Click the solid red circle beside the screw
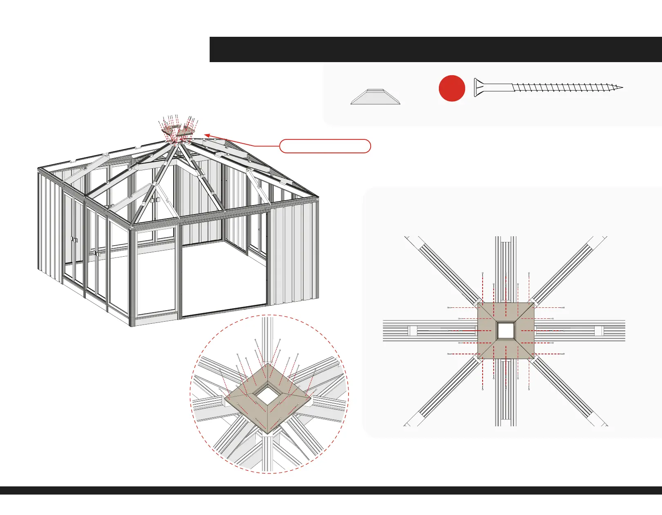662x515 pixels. click(x=452, y=88)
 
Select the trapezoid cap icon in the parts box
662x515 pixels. click(x=375, y=97)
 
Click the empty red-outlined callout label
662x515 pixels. click(x=325, y=146)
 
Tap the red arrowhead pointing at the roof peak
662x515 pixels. click(x=207, y=135)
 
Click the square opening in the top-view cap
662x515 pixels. click(x=505, y=330)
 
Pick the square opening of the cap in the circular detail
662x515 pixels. click(x=268, y=395)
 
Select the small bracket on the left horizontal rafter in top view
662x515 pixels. click(x=412, y=331)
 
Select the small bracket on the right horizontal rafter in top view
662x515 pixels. click(x=599, y=331)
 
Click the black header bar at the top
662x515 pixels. click(x=435, y=49)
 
